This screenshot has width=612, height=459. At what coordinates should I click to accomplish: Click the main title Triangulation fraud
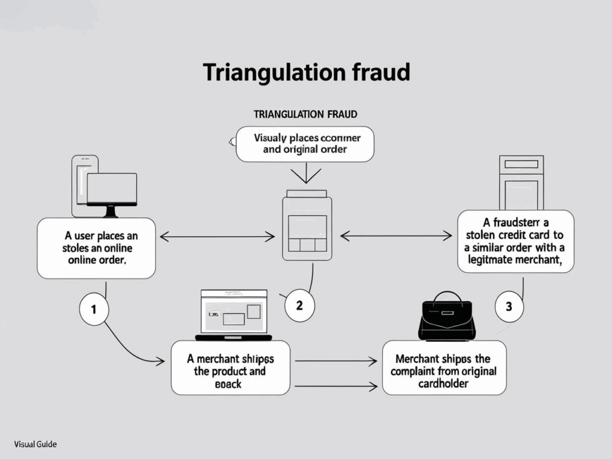[306, 72]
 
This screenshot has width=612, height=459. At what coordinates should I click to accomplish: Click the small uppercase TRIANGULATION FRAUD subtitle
[305, 113]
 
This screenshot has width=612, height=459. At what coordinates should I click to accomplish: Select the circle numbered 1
[93, 310]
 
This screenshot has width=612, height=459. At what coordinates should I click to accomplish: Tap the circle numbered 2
[299, 305]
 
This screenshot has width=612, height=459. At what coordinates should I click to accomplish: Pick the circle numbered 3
[509, 307]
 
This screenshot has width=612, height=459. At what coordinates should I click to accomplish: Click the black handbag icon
[446, 316]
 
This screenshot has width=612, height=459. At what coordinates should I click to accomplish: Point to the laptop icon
[233, 314]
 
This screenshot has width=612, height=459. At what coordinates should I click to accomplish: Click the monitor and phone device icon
[105, 187]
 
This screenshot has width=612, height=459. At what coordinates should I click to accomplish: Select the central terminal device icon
[307, 225]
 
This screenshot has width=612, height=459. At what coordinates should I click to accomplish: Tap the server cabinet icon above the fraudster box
[521, 182]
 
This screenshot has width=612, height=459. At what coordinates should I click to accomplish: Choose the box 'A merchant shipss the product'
[230, 368]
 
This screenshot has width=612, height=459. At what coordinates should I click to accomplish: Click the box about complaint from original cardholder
[443, 368]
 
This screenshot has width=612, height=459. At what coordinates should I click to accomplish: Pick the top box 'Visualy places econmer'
[305, 143]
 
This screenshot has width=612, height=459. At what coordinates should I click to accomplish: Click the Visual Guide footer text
[35, 445]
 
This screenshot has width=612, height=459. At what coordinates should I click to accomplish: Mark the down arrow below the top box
[305, 173]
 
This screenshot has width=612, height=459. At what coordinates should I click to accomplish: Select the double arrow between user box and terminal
[218, 237]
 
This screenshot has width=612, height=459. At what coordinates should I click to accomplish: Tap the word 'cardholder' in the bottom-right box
[443, 382]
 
